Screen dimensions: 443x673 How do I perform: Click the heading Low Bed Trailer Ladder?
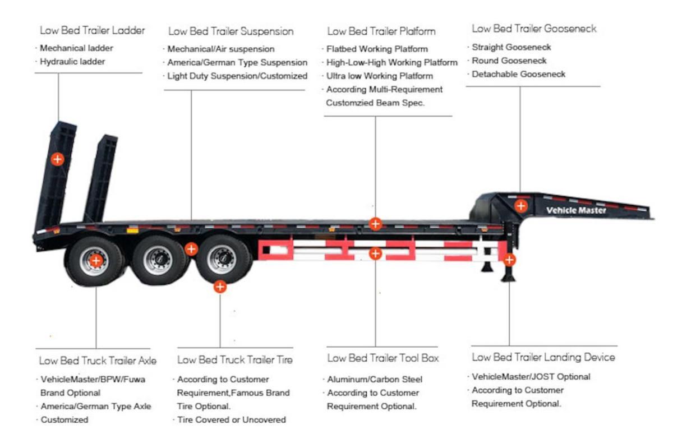point(93,30)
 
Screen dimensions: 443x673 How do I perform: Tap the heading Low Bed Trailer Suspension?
point(231,31)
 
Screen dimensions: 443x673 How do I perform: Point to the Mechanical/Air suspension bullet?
point(221,49)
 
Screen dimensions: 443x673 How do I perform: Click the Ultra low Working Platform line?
point(380,76)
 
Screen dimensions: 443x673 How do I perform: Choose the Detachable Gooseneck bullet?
point(518,74)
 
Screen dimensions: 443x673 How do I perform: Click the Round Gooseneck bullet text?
point(509,61)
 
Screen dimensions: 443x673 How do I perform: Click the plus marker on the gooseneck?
point(521,205)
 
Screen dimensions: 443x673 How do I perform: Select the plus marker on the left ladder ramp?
point(57,159)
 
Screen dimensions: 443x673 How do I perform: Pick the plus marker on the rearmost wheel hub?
point(96,260)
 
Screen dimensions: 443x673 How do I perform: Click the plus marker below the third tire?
point(220,287)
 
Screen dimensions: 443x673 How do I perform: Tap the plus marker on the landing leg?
point(509,260)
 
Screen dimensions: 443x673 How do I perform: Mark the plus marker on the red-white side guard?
point(376,253)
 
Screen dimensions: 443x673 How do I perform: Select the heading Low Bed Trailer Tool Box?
point(383,358)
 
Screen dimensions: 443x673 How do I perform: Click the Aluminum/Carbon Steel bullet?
point(375,380)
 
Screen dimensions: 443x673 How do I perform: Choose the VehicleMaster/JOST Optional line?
point(531,377)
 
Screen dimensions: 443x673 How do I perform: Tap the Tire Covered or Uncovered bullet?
point(231,419)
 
